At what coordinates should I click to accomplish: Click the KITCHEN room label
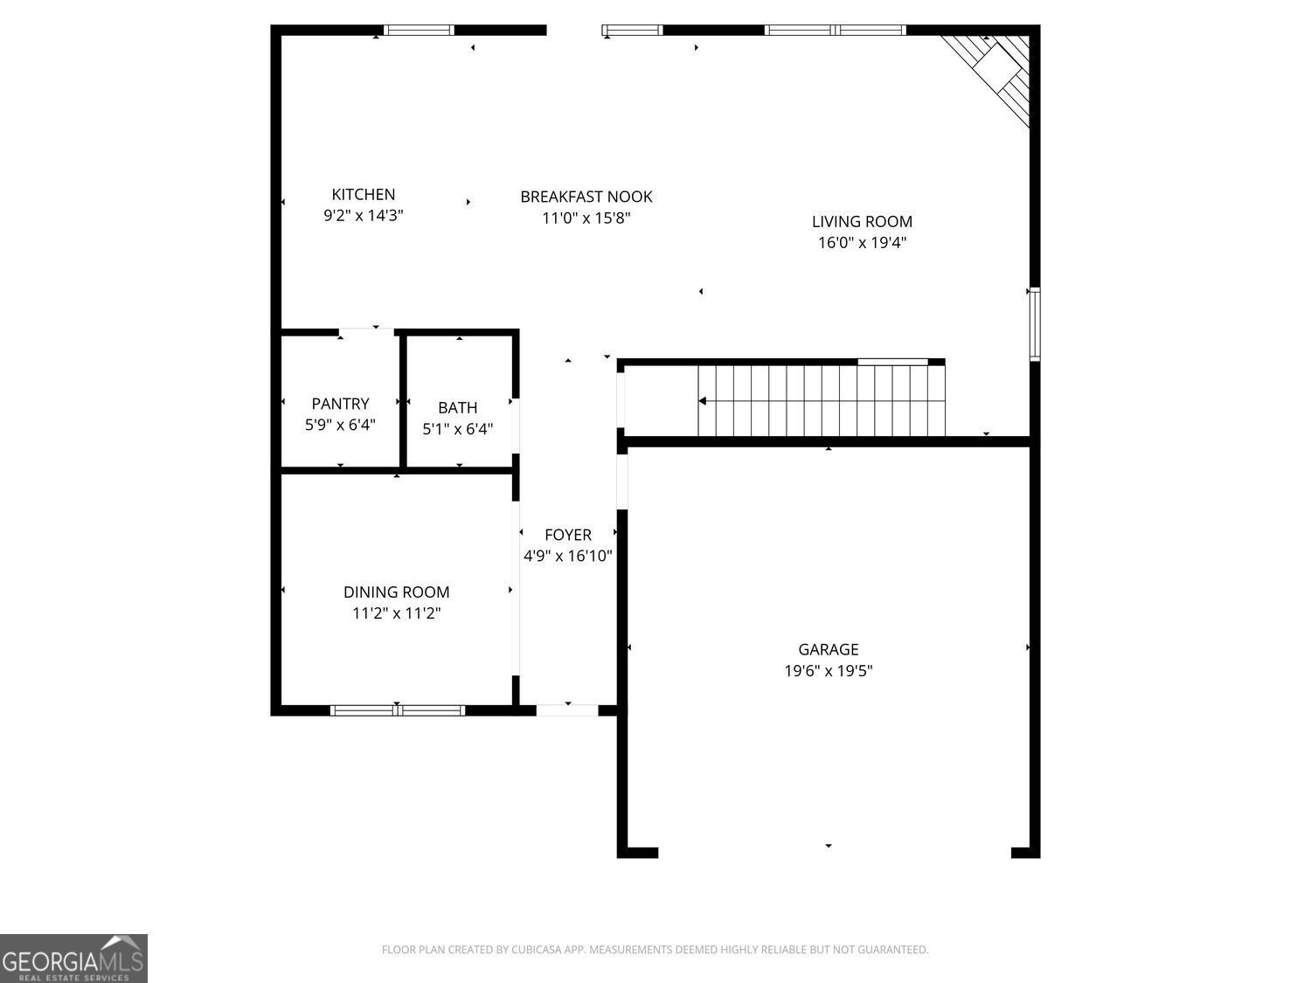[x=363, y=195]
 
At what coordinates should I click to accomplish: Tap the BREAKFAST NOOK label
[x=586, y=197]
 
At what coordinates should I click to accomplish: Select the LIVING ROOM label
[x=862, y=222]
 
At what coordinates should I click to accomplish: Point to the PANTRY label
[x=341, y=404]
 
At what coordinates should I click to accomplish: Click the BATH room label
[x=457, y=408]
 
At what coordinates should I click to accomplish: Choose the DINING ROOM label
[x=397, y=592]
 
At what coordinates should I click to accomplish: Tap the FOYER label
[x=568, y=535]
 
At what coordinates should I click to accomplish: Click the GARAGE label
[x=829, y=649]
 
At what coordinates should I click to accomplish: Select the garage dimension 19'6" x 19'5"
[x=829, y=671]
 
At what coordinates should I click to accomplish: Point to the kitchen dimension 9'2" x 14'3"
[x=363, y=216]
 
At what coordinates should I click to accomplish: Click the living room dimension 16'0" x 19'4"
[x=862, y=243]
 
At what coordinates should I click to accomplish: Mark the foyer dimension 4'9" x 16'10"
[x=568, y=557]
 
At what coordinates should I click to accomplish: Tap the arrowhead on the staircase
[x=703, y=401]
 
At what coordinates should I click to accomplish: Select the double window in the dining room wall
[x=397, y=710]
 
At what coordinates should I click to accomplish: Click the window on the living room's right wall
[x=1035, y=324]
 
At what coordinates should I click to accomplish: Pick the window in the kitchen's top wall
[x=419, y=31]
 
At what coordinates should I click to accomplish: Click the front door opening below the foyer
[x=567, y=710]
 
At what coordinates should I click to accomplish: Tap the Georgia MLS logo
[x=73, y=959]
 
